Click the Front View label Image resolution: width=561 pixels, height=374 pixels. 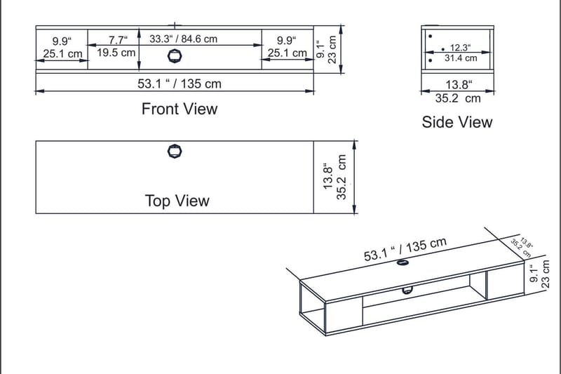[180, 109]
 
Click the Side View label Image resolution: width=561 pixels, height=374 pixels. [457, 122]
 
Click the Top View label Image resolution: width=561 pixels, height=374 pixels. [177, 201]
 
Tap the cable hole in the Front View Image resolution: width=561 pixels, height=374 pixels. [175, 56]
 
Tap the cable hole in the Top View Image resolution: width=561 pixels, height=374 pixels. [174, 151]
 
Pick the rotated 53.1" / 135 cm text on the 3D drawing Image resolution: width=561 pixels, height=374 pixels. [405, 250]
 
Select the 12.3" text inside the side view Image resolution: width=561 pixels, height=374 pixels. [459, 48]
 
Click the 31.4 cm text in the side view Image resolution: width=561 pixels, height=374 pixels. [460, 58]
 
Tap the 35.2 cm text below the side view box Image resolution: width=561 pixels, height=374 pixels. [458, 99]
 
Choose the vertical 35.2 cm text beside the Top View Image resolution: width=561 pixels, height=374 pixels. [342, 178]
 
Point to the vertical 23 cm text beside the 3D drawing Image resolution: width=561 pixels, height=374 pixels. [547, 273]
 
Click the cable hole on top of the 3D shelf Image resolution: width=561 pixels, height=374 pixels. [403, 263]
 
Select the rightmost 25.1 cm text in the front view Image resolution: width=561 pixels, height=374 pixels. [288, 53]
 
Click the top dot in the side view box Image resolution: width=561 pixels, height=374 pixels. [430, 35]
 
